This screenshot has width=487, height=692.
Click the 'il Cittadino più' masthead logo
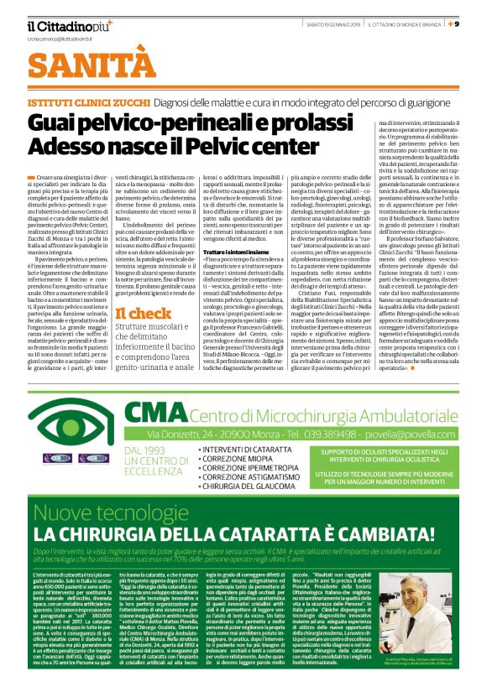pyautogui.click(x=68, y=25)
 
